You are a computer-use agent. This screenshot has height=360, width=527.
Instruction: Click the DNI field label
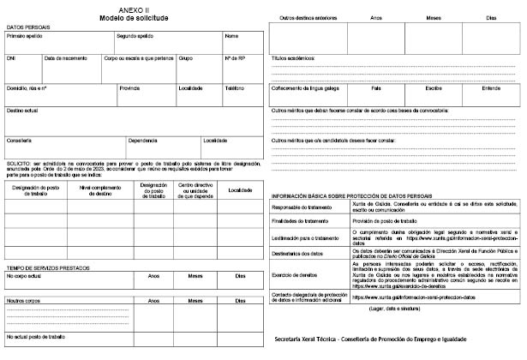(x=11, y=59)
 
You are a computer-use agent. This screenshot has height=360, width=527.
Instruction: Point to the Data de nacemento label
(x=64, y=59)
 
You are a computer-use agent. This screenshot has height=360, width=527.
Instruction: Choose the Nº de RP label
(x=235, y=59)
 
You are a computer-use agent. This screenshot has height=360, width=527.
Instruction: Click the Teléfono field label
(x=235, y=88)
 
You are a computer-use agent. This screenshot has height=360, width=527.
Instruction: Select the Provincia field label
(x=129, y=88)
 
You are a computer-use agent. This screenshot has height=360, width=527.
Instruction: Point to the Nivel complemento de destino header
(x=100, y=190)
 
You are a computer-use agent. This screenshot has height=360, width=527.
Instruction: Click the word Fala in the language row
(x=376, y=88)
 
